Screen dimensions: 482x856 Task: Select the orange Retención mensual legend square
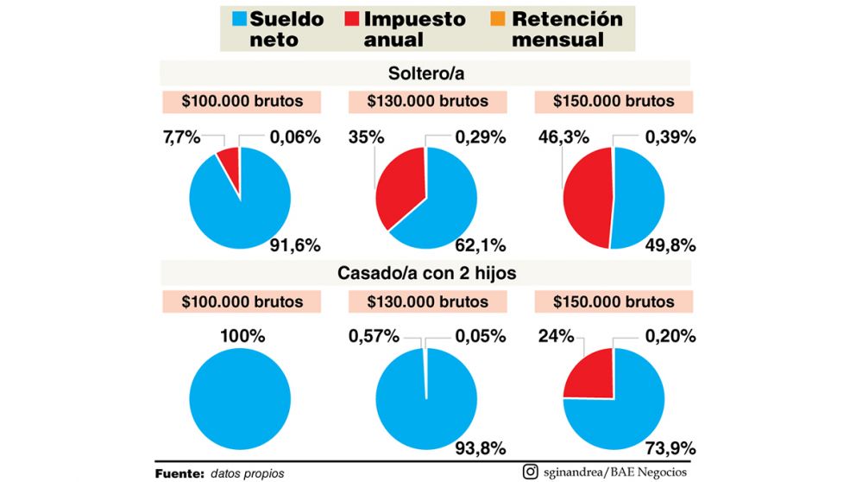click(498, 18)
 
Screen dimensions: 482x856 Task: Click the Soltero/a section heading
click(427, 72)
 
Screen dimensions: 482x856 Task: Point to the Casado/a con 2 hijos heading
click(427, 274)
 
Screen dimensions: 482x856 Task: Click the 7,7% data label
click(183, 136)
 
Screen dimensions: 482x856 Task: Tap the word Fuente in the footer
click(179, 473)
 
